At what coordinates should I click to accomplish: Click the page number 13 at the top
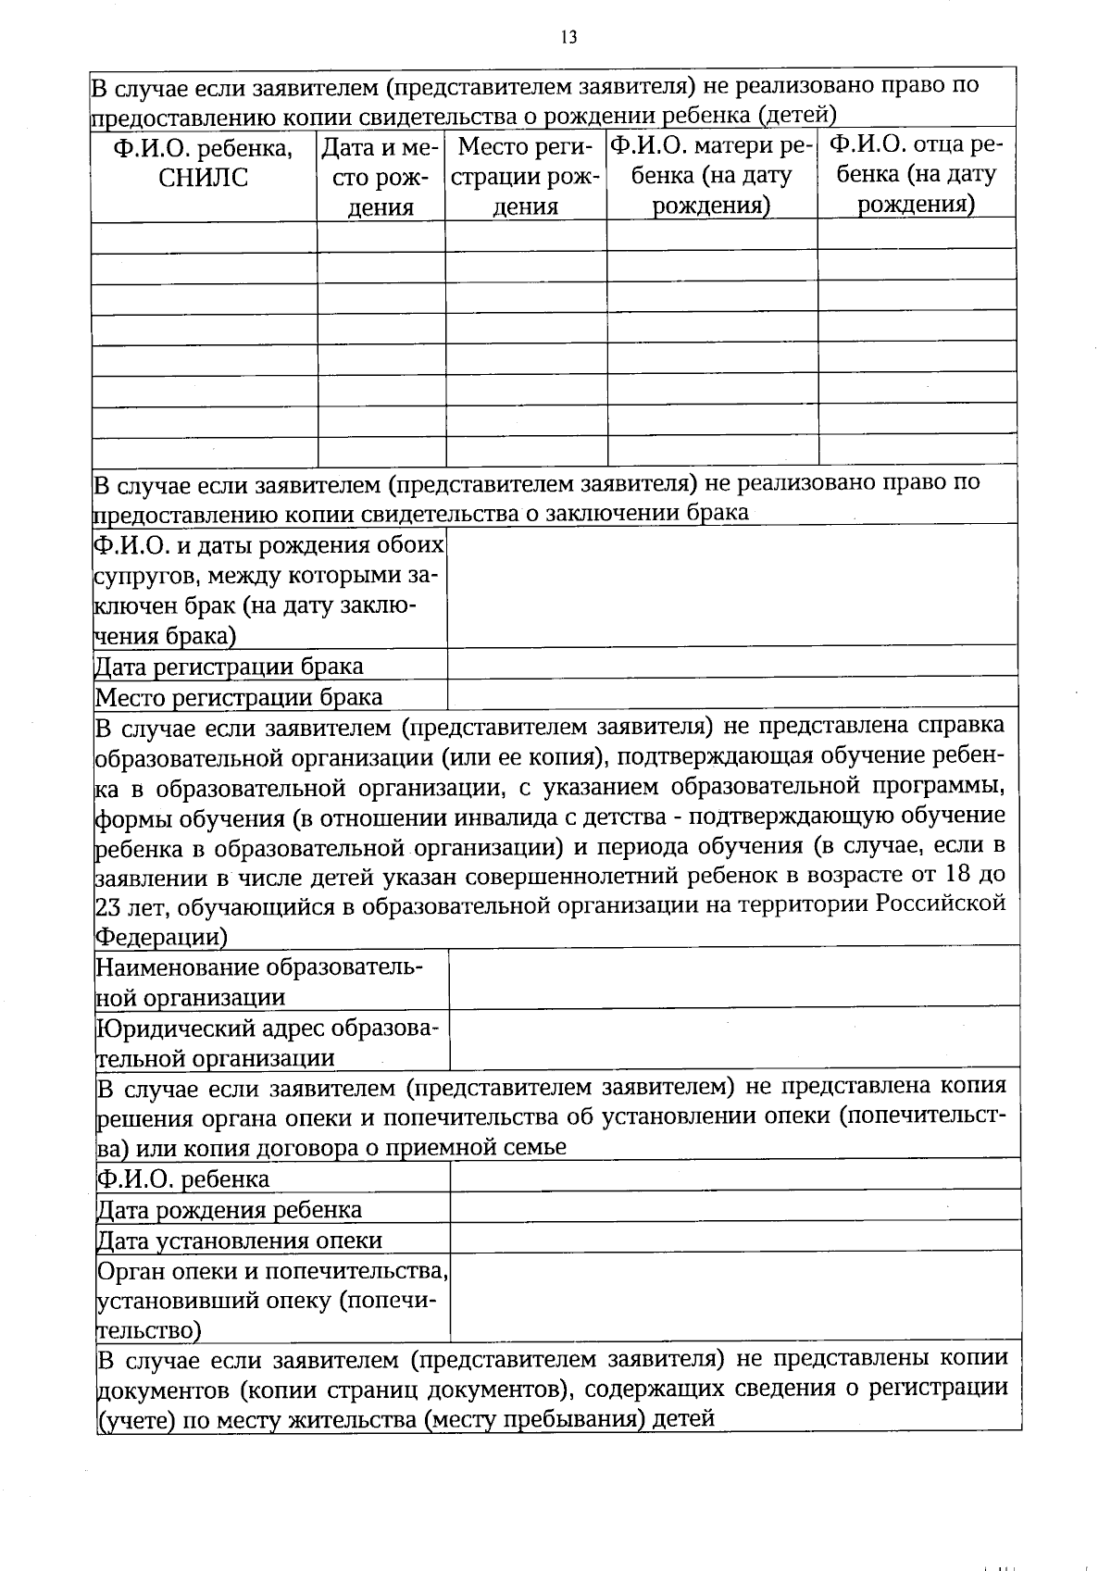568,38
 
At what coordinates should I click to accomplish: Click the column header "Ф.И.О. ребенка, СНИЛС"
204,163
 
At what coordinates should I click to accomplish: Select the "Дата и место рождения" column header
381,177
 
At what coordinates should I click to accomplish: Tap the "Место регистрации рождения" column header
525,176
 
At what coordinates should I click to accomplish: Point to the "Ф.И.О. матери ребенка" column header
711,175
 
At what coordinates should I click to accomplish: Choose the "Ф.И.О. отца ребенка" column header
917,174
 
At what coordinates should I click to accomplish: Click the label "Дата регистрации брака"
230,667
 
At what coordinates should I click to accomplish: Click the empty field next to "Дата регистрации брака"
731,663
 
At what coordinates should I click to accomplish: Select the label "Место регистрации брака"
239,697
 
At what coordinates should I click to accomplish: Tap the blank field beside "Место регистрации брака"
731,693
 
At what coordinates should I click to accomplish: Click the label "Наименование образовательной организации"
259,982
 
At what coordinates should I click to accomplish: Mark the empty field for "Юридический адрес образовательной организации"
733,1040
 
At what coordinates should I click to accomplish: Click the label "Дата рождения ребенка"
230,1210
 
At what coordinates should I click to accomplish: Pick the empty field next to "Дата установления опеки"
733,1236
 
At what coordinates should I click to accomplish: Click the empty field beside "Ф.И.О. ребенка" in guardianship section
733,1175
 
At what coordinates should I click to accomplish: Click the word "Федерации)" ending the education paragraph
161,936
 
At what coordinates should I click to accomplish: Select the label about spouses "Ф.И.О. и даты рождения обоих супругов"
268,590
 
